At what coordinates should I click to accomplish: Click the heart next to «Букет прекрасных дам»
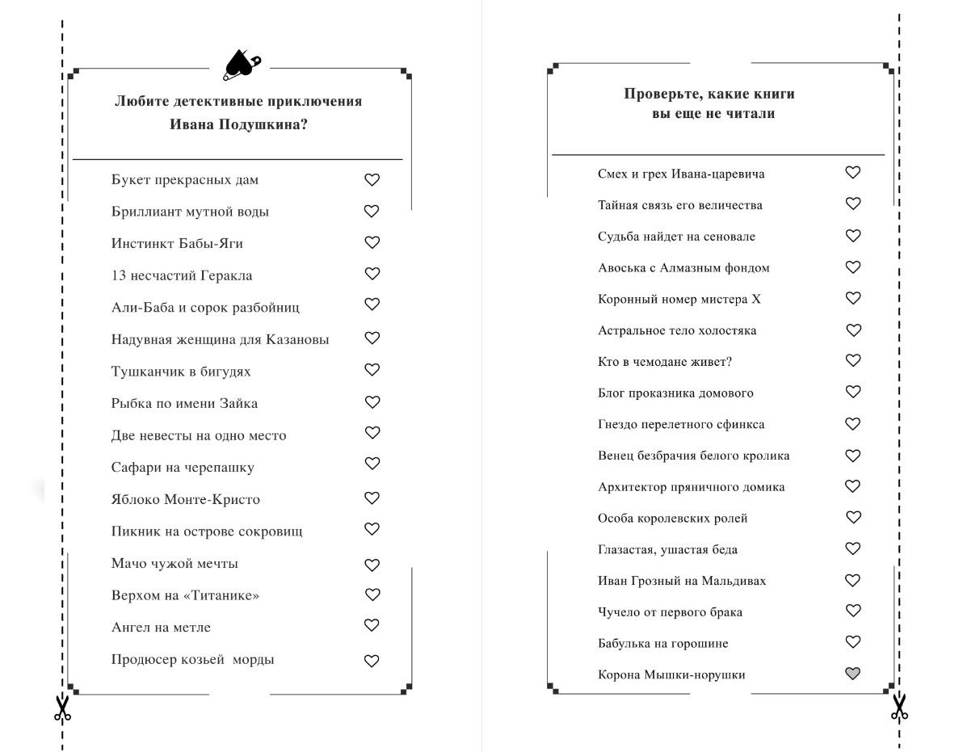pos(372,180)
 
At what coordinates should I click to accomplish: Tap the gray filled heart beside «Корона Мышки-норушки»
pos(852,674)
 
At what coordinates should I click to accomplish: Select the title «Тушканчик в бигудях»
pos(181,372)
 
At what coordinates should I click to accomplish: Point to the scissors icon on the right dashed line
pos(898,706)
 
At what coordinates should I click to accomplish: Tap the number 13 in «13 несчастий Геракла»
pos(119,275)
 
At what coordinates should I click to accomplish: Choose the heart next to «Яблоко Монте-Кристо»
pos(372,498)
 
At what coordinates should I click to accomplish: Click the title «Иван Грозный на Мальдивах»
pos(682,581)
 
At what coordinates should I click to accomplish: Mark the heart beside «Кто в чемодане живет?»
pos(852,361)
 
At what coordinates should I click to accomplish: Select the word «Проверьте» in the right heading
pos(658,94)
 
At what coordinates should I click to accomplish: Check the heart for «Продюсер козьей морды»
pos(372,661)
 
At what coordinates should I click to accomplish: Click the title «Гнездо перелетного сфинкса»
pos(681,424)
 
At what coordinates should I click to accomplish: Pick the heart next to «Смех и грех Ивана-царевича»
pos(852,172)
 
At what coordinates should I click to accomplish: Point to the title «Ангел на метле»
pos(161,627)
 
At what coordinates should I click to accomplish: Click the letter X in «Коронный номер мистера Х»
pos(756,299)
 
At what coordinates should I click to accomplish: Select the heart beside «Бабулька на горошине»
pos(852,642)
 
